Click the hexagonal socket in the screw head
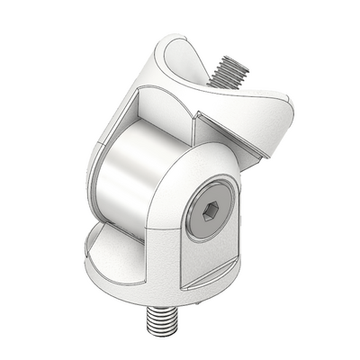pos(209,212)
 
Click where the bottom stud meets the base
pos(157,304)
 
